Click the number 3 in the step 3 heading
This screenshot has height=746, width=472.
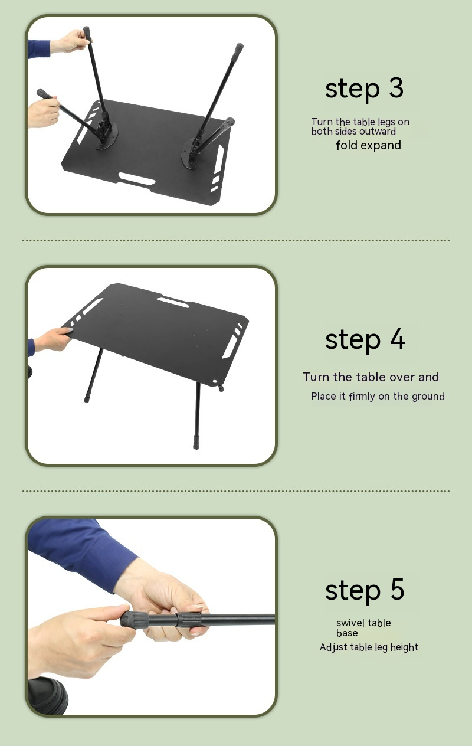point(396,88)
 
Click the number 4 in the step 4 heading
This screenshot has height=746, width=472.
point(397,339)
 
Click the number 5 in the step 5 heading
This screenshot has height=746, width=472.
point(396,590)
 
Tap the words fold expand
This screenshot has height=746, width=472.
point(368,145)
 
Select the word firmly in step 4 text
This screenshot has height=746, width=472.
point(362,397)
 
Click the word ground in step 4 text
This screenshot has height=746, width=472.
point(428,397)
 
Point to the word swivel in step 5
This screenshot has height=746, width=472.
point(350,623)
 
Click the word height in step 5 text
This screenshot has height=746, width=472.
point(404,647)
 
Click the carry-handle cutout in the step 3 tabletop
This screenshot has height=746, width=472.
point(136,177)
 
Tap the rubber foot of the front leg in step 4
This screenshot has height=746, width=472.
point(196,443)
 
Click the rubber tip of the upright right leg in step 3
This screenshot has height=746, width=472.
point(238,48)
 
